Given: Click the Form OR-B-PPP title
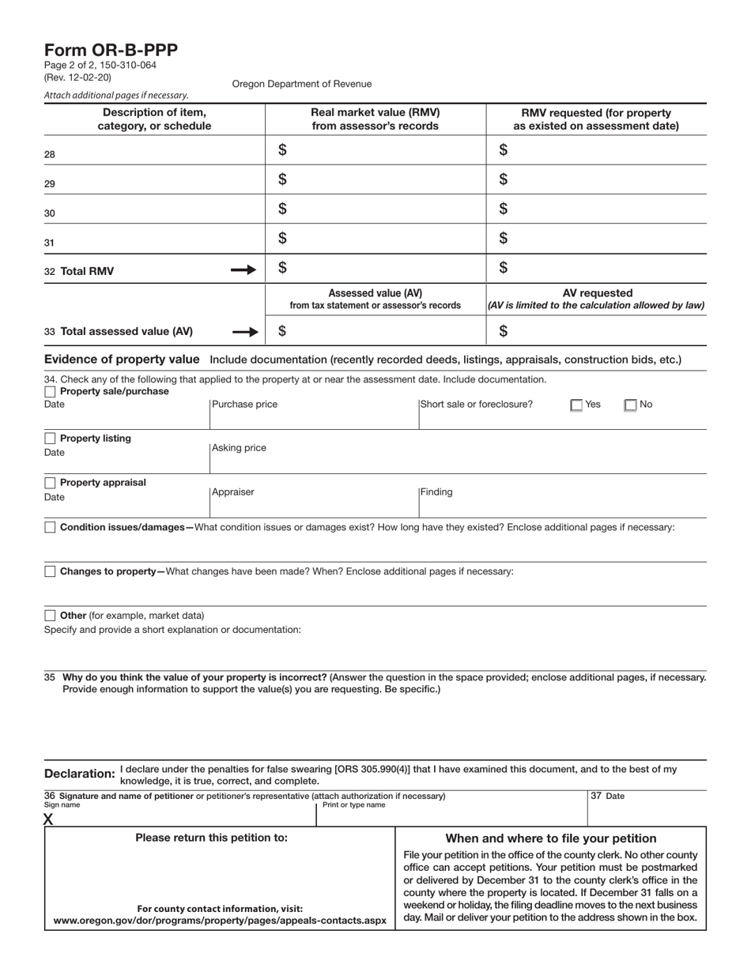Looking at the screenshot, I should [111, 51].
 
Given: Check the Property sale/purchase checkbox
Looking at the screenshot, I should [50, 392].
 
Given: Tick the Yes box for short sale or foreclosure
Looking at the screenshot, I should [576, 405].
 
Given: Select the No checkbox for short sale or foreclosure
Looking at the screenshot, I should [630, 405].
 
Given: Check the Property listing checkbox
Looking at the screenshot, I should [50, 439].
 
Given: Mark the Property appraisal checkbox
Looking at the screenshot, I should [50, 483].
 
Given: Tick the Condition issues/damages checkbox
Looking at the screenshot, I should [50, 527].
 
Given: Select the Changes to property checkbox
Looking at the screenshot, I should [50, 571].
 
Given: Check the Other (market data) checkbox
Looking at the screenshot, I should [50, 616].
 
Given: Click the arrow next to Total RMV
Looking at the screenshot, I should [243, 270].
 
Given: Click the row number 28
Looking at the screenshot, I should [50, 155].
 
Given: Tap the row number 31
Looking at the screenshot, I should [50, 243].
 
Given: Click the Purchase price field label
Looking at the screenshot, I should [244, 405].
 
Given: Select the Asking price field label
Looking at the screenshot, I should [239, 448].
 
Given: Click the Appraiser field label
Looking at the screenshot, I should [233, 492].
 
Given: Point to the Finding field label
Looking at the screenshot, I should [436, 492].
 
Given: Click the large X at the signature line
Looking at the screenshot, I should [49, 819].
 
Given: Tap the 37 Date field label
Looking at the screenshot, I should [608, 797].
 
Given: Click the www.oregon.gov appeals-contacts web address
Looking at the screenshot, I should [220, 921].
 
